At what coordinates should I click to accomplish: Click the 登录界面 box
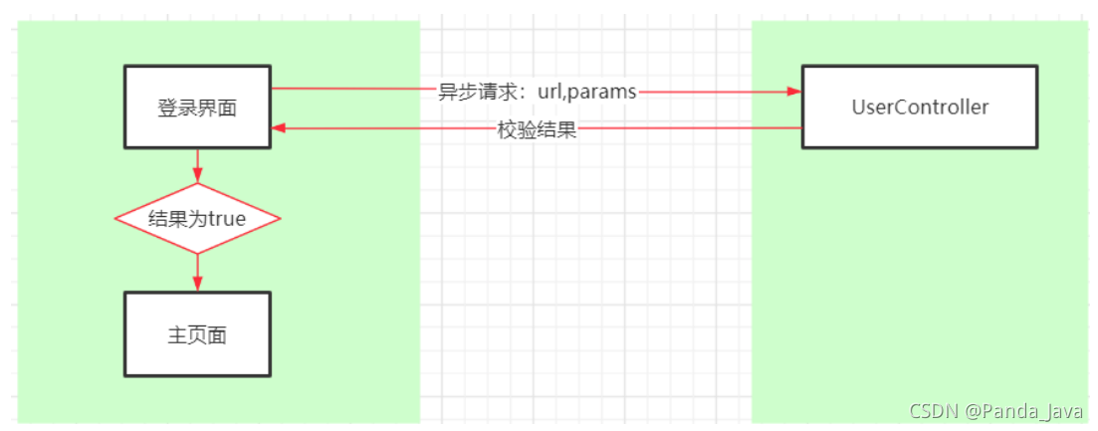(197, 108)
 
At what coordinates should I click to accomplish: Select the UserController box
(919, 108)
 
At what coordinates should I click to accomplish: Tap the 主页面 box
(197, 334)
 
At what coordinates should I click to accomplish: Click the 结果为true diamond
(197, 218)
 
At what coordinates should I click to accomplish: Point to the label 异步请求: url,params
(537, 92)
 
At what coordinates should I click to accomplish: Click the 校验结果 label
(537, 130)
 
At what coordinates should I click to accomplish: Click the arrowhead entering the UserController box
(793, 91)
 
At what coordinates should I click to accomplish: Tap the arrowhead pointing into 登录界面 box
(280, 128)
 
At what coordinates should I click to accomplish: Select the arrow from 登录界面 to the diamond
(197, 164)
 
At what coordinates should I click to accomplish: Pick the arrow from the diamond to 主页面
(197, 272)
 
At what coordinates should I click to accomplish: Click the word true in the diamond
(226, 219)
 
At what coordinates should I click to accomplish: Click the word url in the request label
(549, 92)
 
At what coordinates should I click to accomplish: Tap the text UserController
(920, 108)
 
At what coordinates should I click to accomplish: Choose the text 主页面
(197, 335)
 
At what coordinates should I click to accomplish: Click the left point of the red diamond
(116, 218)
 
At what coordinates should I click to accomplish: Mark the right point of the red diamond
(280, 218)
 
